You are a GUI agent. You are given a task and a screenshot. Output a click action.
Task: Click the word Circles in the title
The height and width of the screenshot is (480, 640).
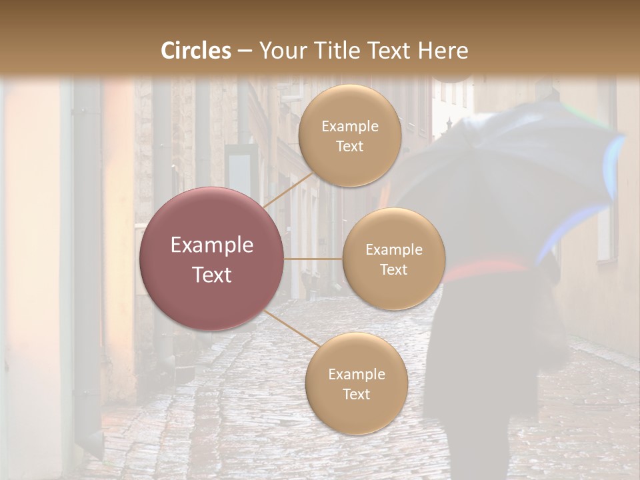(196, 51)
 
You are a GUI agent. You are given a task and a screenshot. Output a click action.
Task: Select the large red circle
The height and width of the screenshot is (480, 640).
(211, 259)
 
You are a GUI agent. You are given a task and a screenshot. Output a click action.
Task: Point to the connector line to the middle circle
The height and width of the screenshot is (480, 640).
(313, 259)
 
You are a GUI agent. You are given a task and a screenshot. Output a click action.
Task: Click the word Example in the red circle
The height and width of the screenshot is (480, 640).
(211, 245)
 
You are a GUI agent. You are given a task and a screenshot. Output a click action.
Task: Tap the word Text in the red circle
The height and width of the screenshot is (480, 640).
(211, 275)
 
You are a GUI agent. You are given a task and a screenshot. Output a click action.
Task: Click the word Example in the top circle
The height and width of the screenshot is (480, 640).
(349, 127)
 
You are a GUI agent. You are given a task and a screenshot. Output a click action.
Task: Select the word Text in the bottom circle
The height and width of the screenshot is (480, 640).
(356, 394)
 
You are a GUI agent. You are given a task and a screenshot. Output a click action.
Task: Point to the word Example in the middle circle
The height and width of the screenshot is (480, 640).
(393, 250)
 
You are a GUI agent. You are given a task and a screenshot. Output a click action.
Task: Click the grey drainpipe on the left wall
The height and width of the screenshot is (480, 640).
(87, 267)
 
